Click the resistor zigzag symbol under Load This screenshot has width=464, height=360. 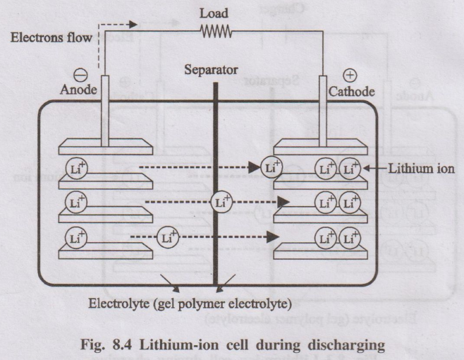pyautogui.click(x=214, y=30)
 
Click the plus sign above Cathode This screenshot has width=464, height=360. pyautogui.click(x=350, y=76)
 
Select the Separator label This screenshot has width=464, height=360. pyautogui.click(x=211, y=71)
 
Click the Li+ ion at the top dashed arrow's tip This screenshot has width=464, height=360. pyautogui.click(x=271, y=168)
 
